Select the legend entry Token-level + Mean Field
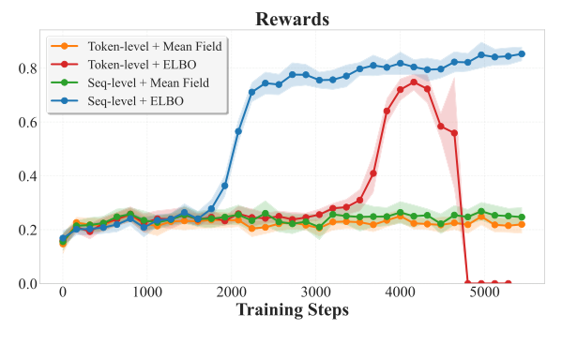(x=142, y=45)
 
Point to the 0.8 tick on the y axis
(x=27, y=68)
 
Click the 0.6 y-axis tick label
(x=27, y=122)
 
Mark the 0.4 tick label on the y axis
(x=27, y=176)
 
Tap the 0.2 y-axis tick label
(x=27, y=230)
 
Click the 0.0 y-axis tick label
(x=27, y=283)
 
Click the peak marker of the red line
(x=414, y=82)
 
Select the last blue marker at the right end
(x=522, y=53)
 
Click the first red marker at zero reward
(x=468, y=283)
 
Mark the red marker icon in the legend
(x=63, y=65)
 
